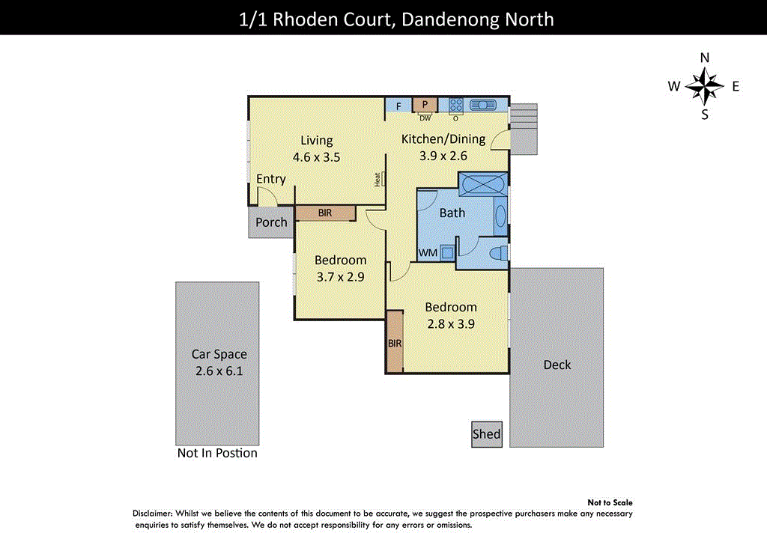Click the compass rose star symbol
[704, 86]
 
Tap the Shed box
[487, 434]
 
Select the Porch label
[271, 222]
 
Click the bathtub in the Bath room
[482, 183]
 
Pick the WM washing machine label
[428, 253]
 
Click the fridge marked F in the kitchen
[398, 106]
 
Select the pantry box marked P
[425, 106]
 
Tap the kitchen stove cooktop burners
[455, 106]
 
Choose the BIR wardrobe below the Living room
[324, 213]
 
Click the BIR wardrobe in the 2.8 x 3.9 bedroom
[395, 342]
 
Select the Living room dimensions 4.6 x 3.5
[316, 157]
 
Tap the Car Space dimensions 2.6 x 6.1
[219, 371]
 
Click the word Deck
[557, 365]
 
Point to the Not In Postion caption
[217, 453]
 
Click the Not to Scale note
[610, 503]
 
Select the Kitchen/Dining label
[443, 138]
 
